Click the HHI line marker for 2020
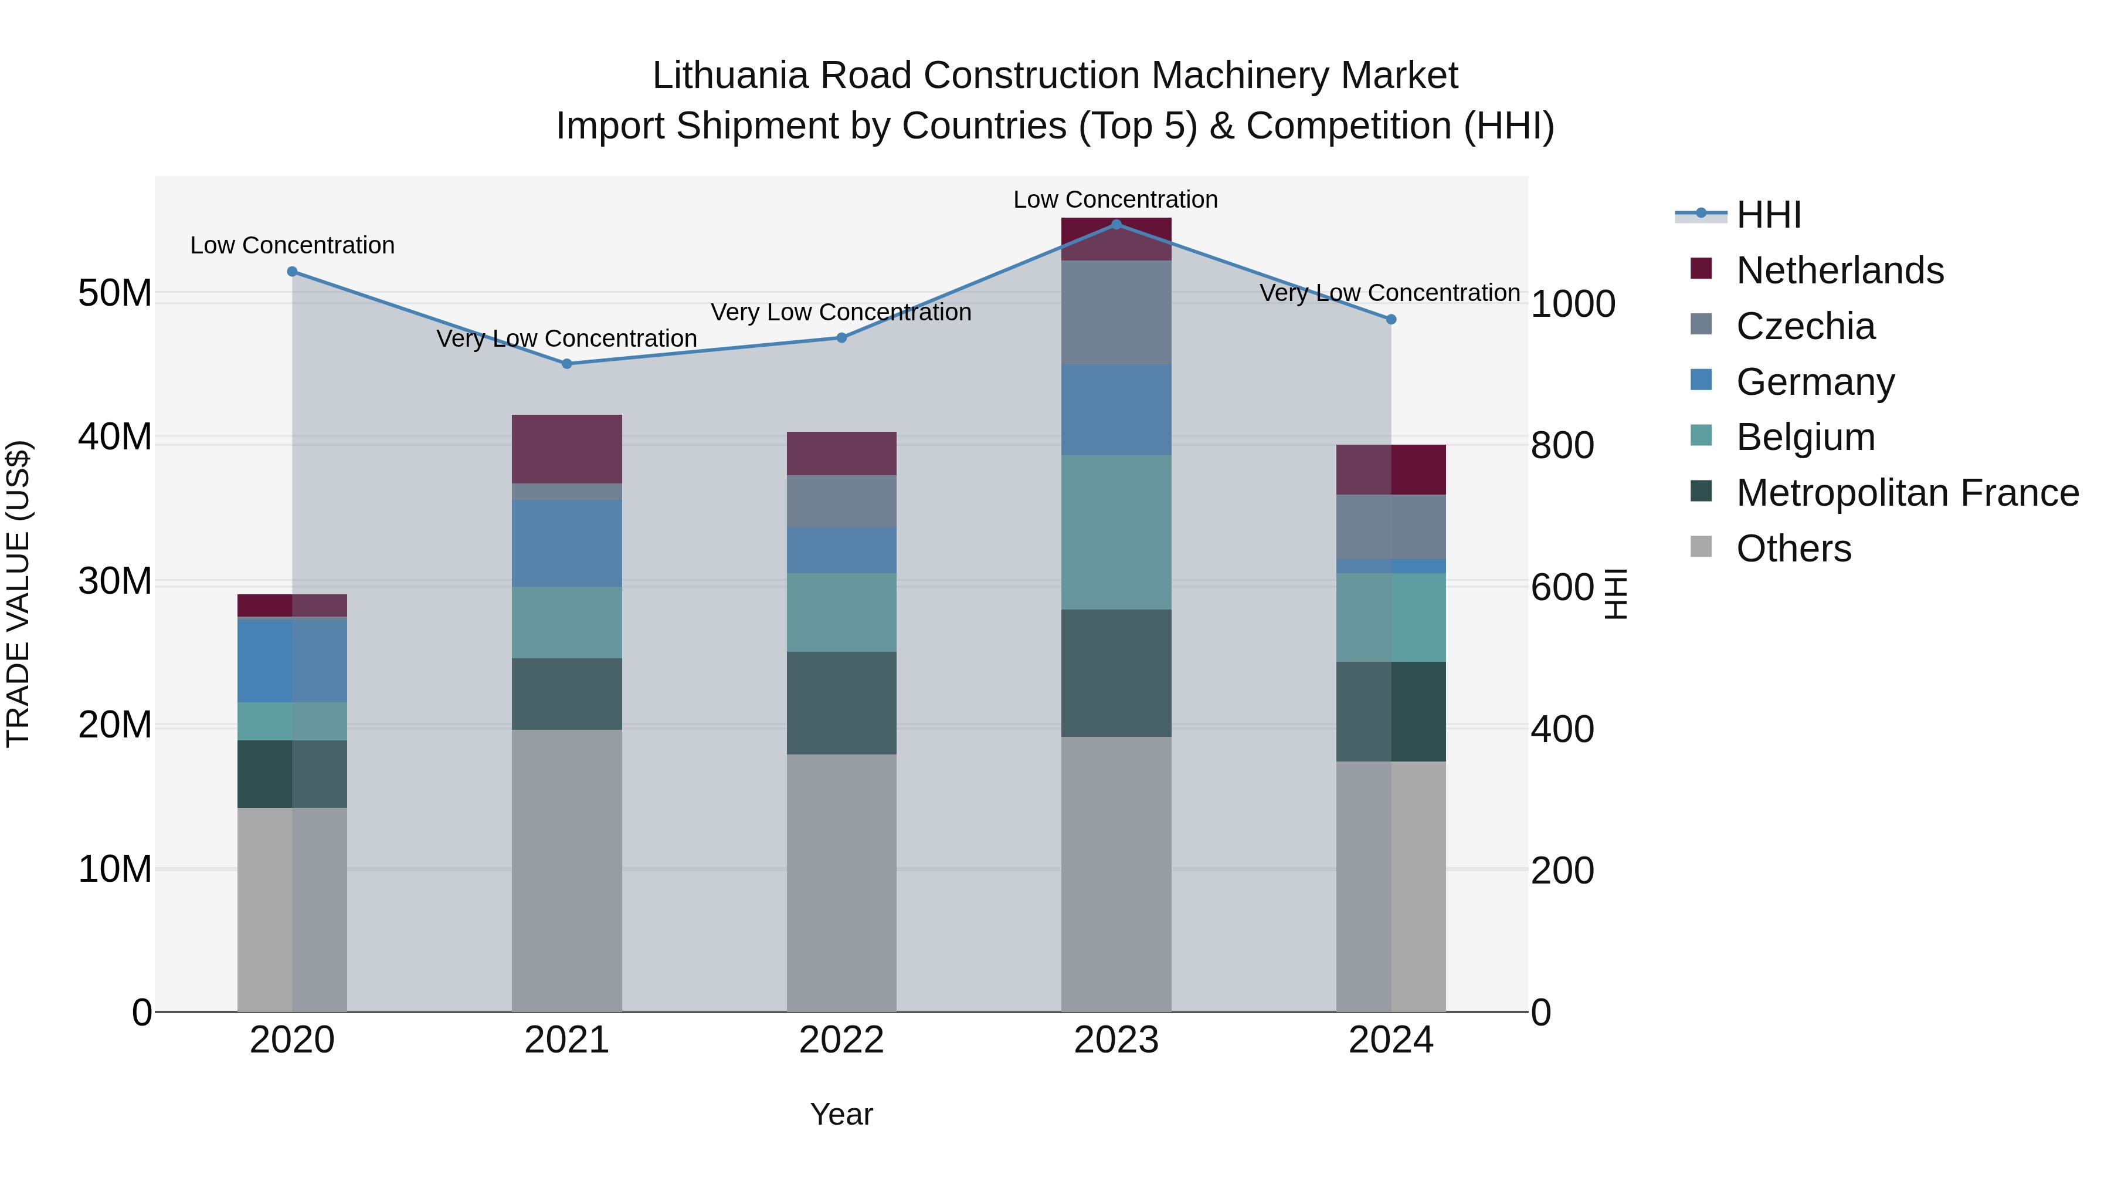292,272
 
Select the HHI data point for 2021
567,364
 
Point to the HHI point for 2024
1391,319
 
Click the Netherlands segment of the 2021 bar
567,449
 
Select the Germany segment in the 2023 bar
1116,410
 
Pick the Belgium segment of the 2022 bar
841,612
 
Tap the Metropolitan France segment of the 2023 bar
1116,673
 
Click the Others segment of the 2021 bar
567,871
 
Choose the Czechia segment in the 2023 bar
1116,312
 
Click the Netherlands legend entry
1839,270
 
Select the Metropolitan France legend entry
1907,493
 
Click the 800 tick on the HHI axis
1561,446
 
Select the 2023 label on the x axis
1116,1040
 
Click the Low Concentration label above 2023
1115,199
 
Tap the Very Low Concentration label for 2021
567,339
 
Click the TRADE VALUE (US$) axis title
18,594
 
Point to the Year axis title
841,1114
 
